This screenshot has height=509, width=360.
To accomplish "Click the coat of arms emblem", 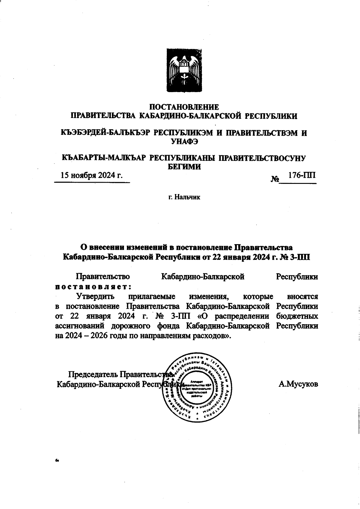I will (x=184, y=71).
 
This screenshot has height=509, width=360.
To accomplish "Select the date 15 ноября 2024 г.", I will (x=92, y=175).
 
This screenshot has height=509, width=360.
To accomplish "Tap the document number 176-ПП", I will (x=301, y=175).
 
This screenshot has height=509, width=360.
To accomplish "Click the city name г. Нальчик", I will (x=184, y=197).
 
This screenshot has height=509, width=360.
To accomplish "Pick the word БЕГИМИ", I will (x=184, y=167).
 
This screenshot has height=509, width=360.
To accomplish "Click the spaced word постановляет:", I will (x=94, y=286).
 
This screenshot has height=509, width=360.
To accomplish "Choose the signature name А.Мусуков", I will (x=298, y=384).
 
